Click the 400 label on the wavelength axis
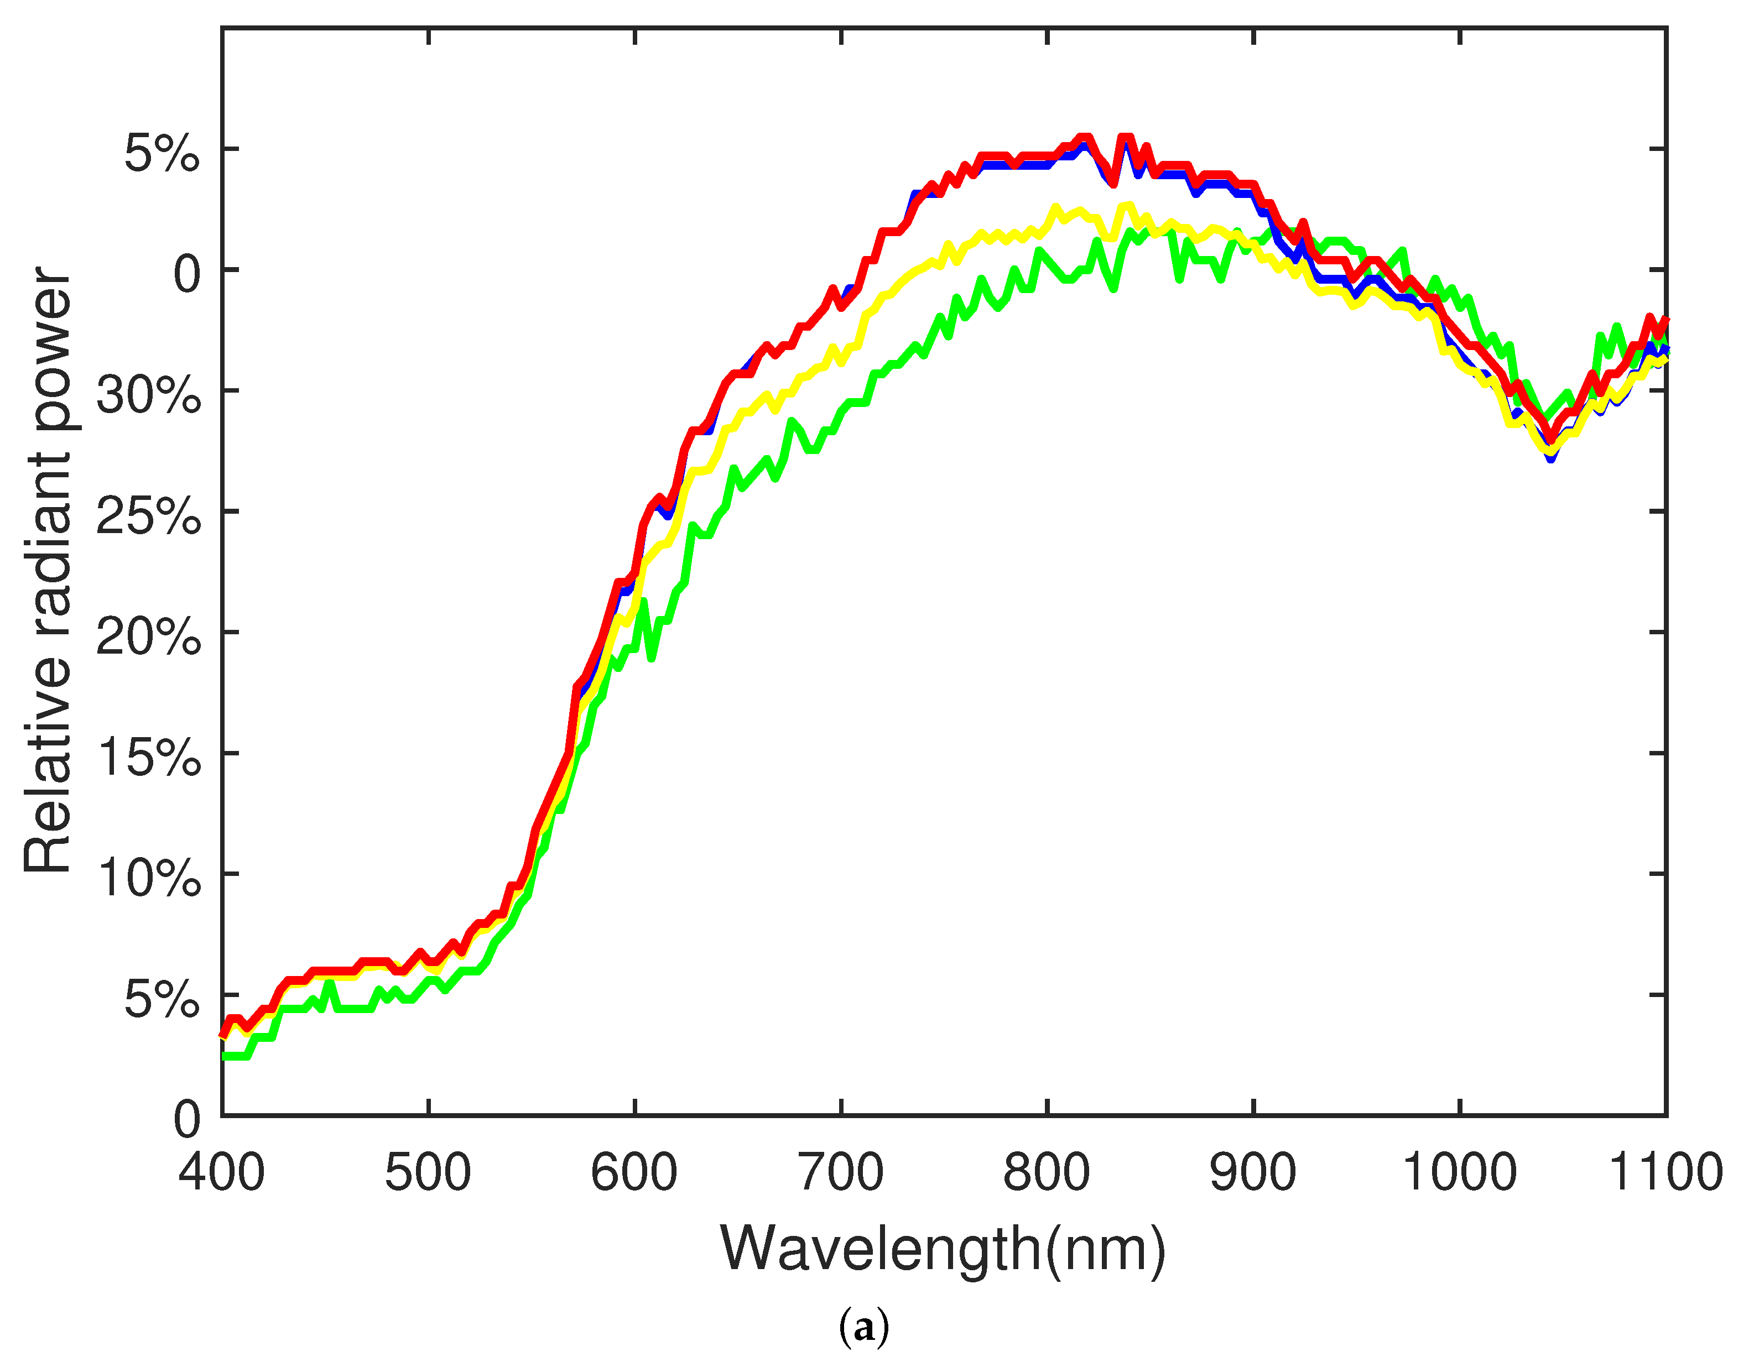pyautogui.click(x=222, y=1173)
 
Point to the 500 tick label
pyautogui.click(x=428, y=1173)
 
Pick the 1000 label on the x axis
pyautogui.click(x=1459, y=1173)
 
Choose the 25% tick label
pyautogui.click(x=149, y=515)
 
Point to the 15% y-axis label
pyautogui.click(x=149, y=757)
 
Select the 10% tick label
pyautogui.click(x=149, y=878)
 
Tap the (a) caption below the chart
pyautogui.click(x=863, y=1328)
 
